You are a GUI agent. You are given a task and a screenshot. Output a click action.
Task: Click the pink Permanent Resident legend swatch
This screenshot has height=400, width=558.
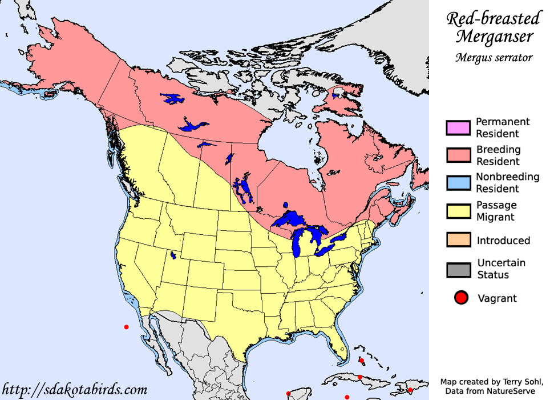tap(458, 127)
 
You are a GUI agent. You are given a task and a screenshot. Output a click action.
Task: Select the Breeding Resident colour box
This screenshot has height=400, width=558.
tap(458, 155)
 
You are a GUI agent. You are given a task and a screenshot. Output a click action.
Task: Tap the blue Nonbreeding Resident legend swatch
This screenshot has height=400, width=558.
tap(458, 183)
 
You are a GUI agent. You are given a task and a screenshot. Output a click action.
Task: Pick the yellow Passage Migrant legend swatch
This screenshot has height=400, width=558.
tap(458, 211)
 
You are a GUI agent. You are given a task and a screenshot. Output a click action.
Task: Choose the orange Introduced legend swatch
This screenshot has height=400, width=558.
tap(458, 240)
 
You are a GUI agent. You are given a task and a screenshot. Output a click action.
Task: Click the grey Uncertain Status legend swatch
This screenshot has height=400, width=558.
tap(458, 269)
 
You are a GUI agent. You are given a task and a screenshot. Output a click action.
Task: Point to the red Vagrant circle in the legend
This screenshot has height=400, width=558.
tap(461, 298)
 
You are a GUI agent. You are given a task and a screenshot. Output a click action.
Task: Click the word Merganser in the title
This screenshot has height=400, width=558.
tap(495, 37)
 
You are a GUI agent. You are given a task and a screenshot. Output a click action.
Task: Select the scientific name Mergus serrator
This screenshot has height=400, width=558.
tap(494, 57)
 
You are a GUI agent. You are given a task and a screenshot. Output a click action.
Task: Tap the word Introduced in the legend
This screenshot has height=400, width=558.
tap(504, 241)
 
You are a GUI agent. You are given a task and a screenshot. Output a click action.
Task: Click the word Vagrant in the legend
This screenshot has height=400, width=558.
tap(497, 298)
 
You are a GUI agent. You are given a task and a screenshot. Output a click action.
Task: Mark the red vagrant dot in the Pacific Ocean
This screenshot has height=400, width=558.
tap(126, 327)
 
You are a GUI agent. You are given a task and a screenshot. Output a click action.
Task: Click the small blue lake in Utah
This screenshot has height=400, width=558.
tap(173, 255)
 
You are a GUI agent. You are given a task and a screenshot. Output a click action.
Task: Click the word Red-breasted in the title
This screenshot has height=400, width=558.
tap(493, 19)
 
